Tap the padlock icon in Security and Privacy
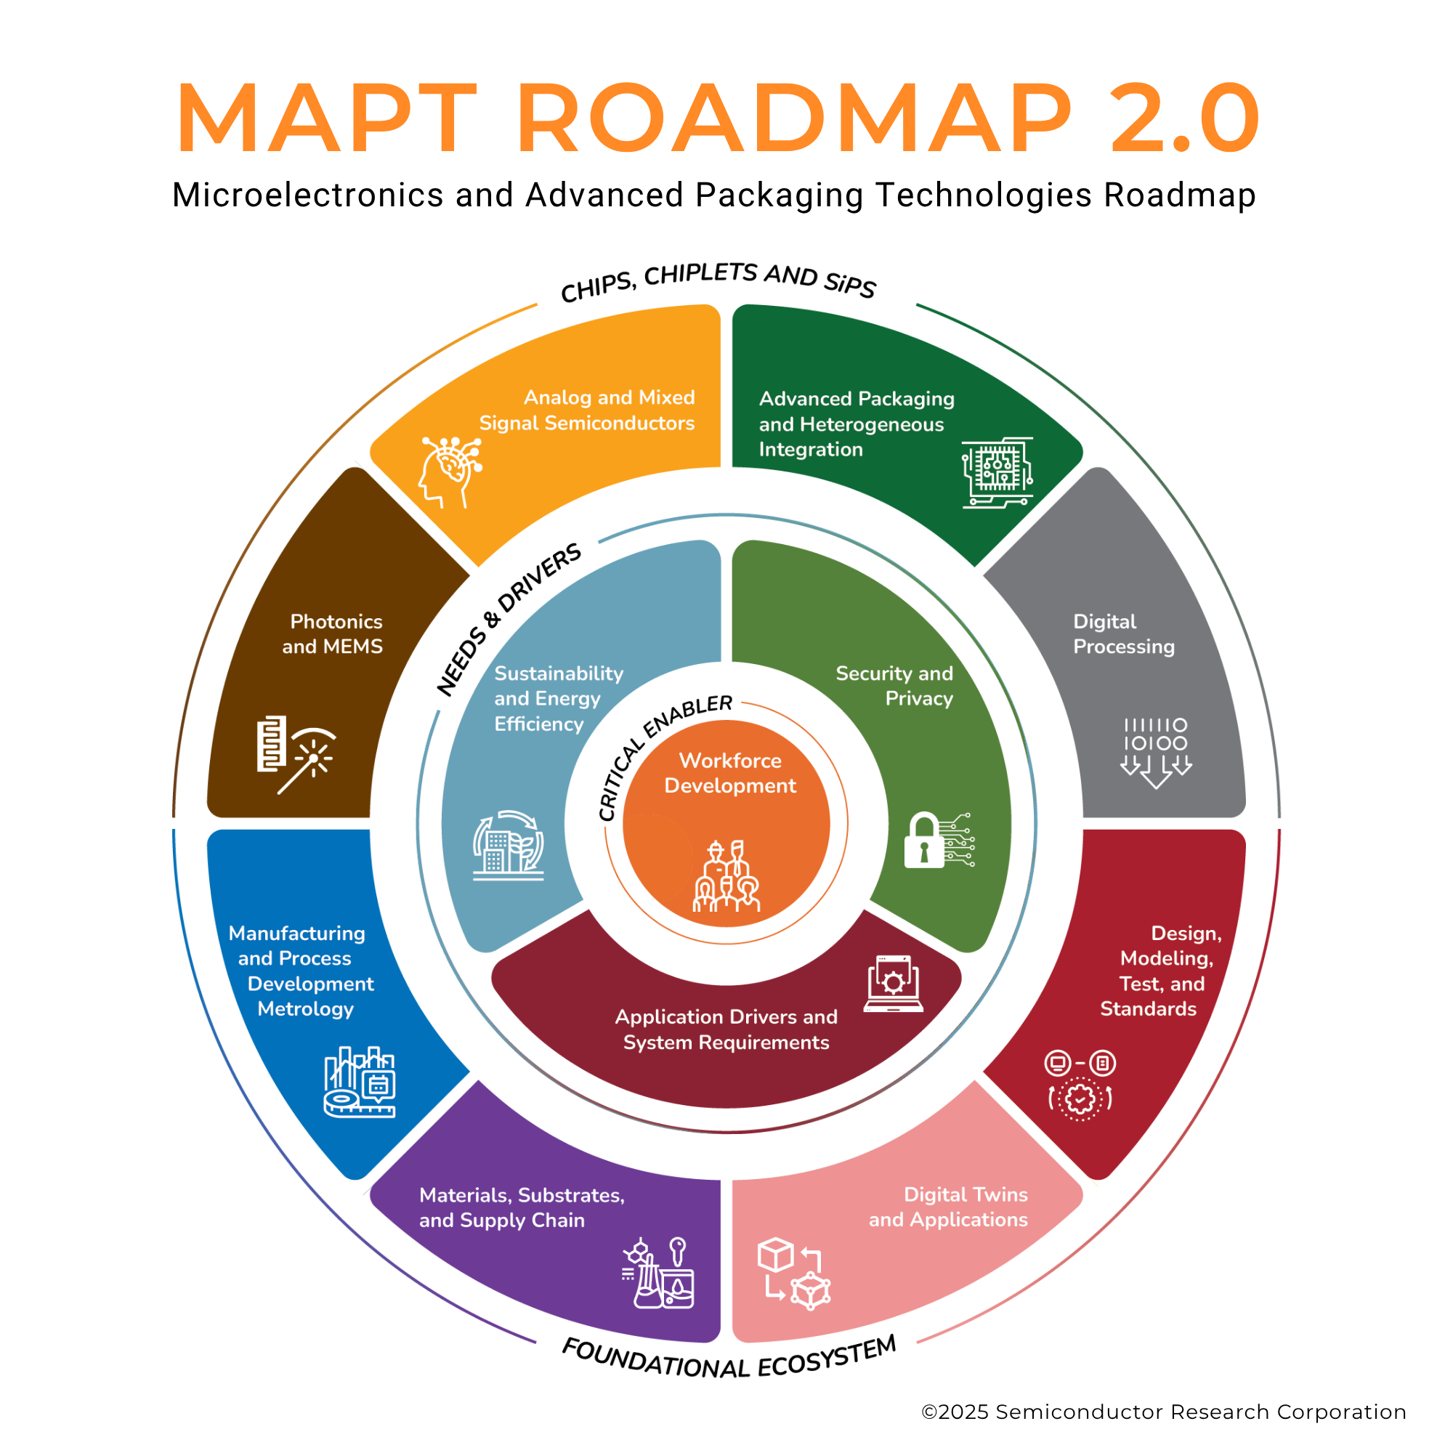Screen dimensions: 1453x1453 [x=924, y=840]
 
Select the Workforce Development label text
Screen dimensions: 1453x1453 [x=729, y=772]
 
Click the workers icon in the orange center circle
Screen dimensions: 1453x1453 [x=726, y=876]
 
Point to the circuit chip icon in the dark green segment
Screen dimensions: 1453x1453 [x=997, y=472]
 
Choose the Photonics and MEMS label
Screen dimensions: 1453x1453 [x=333, y=634]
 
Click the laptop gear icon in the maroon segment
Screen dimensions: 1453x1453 [x=893, y=984]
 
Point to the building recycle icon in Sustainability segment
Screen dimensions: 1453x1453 [x=509, y=846]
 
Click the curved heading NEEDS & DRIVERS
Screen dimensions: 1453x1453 [x=507, y=618]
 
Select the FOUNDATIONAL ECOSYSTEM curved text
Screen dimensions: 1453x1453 [x=729, y=1359]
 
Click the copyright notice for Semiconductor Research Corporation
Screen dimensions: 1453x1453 [x=1163, y=1412]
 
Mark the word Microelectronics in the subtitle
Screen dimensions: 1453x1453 [x=307, y=195]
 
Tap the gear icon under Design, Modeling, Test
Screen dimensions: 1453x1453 [x=1080, y=1099]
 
